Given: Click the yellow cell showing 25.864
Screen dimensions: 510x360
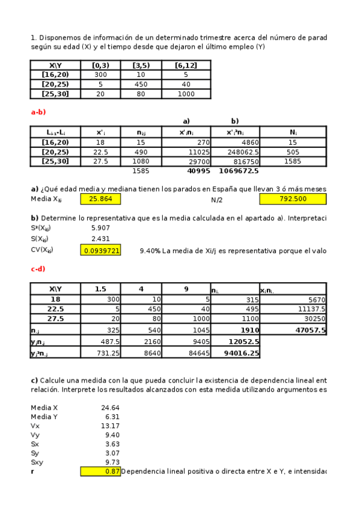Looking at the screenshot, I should pyautogui.click(x=100, y=198).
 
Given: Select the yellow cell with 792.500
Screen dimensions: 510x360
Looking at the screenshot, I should pyautogui.click(x=293, y=198).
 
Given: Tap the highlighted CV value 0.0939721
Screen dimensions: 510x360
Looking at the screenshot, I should pyautogui.click(x=100, y=250).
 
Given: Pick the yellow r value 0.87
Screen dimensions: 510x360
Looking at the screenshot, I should pyautogui.click(x=100, y=472).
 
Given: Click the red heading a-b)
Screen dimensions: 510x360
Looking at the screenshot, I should pyautogui.click(x=38, y=112).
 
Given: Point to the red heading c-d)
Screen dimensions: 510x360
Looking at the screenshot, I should pyautogui.click(x=38, y=269).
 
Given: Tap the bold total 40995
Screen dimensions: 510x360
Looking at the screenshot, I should pyautogui.click(x=198, y=171).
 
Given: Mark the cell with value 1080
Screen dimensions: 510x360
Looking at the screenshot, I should pyautogui.click(x=147, y=161).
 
